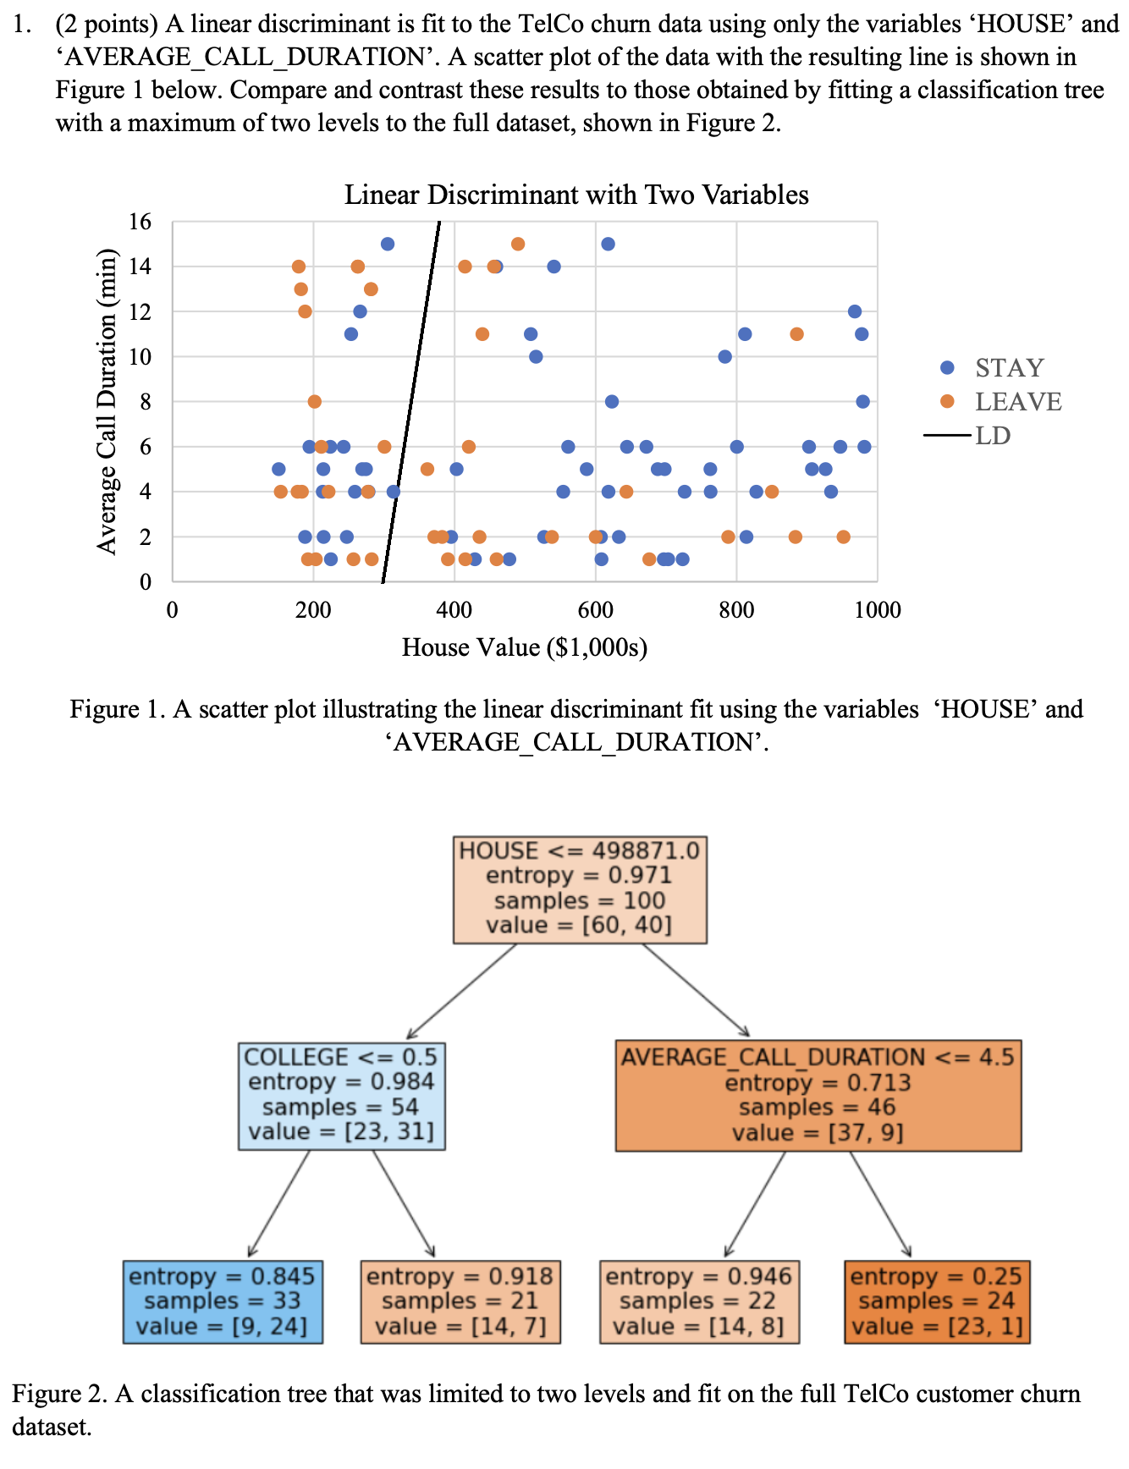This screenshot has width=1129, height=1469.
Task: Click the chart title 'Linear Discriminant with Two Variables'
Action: tap(576, 195)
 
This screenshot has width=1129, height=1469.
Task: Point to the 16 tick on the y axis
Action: tap(140, 222)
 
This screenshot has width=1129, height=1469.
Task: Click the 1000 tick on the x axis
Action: tap(878, 609)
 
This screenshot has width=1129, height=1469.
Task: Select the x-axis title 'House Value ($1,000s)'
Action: tap(525, 647)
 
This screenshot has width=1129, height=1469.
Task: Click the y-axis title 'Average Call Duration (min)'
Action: tap(107, 401)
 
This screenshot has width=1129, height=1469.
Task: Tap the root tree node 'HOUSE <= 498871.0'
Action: tap(580, 889)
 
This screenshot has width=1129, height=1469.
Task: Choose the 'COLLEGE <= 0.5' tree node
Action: tap(341, 1095)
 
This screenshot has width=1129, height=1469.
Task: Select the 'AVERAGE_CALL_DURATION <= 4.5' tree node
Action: tap(818, 1095)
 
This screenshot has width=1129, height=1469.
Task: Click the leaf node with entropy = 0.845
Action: tap(222, 1301)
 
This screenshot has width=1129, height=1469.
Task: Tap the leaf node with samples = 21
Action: tap(460, 1301)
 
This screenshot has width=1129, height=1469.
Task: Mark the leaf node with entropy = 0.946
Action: tap(699, 1301)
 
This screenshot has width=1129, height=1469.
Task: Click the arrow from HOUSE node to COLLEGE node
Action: tap(461, 991)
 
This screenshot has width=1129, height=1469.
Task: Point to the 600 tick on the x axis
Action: tap(595, 609)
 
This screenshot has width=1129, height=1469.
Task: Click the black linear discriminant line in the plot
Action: tap(412, 398)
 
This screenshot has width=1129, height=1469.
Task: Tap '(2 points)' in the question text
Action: tap(107, 24)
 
